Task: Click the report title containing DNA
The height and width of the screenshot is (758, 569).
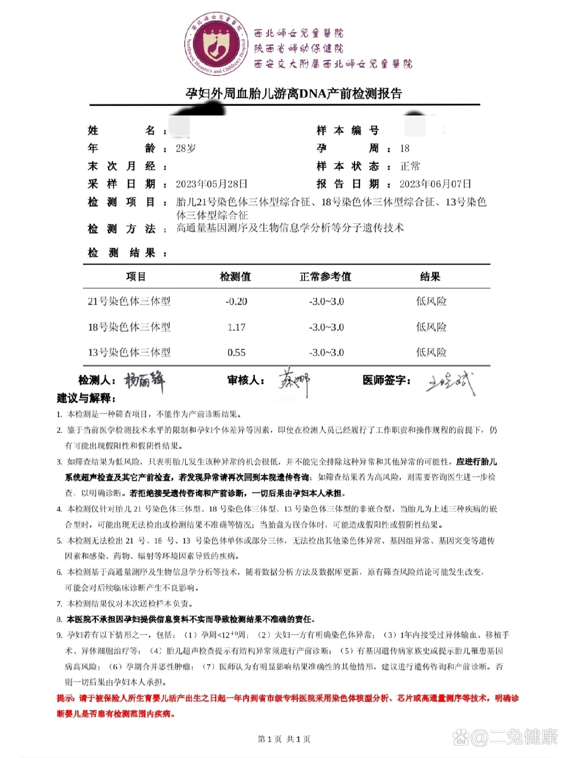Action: click(294, 94)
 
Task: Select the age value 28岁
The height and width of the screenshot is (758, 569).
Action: click(186, 148)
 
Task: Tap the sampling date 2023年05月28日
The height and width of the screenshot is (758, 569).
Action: click(211, 184)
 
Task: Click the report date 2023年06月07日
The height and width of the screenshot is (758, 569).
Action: click(435, 184)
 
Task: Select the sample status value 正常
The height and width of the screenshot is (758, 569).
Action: click(410, 166)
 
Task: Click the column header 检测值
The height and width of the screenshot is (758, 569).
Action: click(235, 277)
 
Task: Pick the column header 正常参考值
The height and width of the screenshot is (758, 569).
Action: click(325, 277)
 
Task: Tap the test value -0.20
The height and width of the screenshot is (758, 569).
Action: click(236, 301)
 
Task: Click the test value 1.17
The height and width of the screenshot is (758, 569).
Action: click(236, 327)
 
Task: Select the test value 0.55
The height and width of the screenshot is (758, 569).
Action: click(236, 353)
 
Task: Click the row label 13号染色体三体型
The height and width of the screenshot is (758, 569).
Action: click(129, 353)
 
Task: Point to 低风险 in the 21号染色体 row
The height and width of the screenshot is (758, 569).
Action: click(431, 301)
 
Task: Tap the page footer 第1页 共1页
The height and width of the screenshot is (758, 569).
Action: click(284, 739)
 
